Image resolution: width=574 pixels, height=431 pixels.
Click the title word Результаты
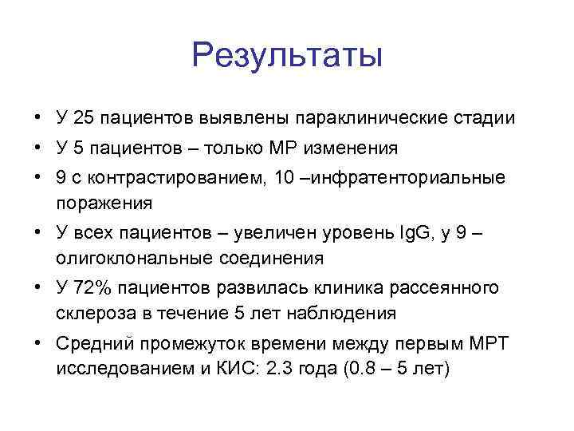coord(287,56)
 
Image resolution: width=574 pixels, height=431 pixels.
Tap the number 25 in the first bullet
coord(83,119)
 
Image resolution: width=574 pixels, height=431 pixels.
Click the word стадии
coord(489,119)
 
